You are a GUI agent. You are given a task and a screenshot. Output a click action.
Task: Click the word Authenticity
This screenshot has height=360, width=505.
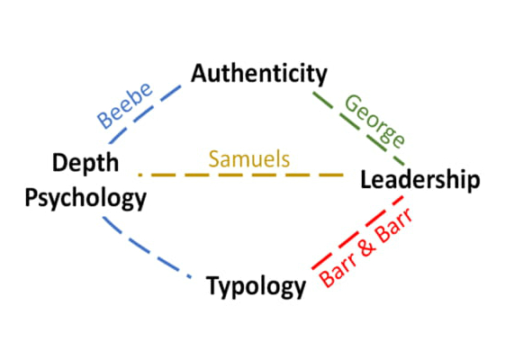259,75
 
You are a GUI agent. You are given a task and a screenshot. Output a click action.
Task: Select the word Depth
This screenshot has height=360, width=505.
86,164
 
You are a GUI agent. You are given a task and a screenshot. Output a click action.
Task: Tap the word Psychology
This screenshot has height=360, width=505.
86,198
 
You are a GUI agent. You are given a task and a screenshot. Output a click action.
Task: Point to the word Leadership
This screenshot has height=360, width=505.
420,180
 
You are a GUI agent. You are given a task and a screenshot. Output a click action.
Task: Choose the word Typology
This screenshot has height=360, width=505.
256,286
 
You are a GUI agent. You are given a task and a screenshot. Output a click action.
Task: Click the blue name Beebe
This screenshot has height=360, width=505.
124,105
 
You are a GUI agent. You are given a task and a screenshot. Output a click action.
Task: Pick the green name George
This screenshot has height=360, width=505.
374,121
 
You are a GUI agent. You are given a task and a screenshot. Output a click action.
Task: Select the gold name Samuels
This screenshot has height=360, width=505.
249,159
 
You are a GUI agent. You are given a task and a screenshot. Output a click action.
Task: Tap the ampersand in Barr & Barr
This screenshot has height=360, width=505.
368,247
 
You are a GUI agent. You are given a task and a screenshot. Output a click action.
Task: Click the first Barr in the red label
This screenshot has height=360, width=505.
338,271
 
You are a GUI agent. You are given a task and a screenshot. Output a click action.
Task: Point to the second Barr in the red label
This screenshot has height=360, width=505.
394,225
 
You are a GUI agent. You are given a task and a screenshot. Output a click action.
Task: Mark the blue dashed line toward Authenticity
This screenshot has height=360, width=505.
145,114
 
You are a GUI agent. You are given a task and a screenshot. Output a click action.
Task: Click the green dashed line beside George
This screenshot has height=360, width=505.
358,129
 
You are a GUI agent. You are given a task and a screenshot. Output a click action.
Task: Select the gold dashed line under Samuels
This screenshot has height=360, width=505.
241,175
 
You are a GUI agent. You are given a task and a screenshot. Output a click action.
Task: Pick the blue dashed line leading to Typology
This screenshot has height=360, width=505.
147,247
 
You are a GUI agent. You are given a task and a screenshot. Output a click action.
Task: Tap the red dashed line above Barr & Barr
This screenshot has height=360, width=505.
357,232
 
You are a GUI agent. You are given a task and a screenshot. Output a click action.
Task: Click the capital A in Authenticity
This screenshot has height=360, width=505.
199,74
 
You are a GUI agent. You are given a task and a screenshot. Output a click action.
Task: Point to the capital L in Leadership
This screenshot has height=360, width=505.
365,179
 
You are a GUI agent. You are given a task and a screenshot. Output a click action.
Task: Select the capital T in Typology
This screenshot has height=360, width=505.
214,285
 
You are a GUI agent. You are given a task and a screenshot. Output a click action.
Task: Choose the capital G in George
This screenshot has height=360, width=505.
351,103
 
